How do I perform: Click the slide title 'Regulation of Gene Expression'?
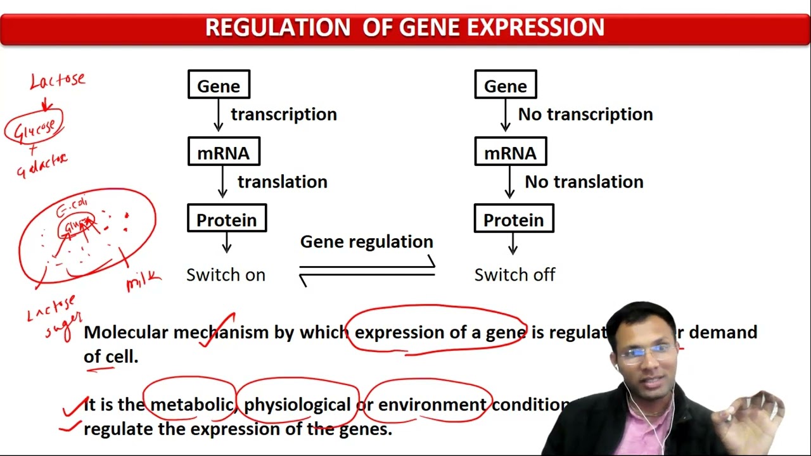(x=405, y=28)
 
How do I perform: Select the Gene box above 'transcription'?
(x=219, y=85)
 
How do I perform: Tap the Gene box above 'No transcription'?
(x=505, y=85)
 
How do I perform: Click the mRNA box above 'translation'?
(x=224, y=152)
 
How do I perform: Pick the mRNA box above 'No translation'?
(x=510, y=152)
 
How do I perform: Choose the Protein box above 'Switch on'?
(x=227, y=219)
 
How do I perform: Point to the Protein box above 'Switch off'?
(x=513, y=219)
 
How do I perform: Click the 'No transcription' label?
(x=585, y=115)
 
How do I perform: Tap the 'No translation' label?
(x=584, y=182)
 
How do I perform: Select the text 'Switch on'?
(x=226, y=275)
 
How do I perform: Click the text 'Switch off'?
(x=514, y=275)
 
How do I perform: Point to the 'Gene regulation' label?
(x=366, y=242)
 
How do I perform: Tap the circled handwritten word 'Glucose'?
(x=35, y=129)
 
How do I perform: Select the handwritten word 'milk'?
(x=143, y=281)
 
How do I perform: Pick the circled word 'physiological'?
(x=297, y=405)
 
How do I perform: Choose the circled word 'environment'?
(x=431, y=405)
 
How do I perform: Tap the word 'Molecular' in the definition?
(x=126, y=332)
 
